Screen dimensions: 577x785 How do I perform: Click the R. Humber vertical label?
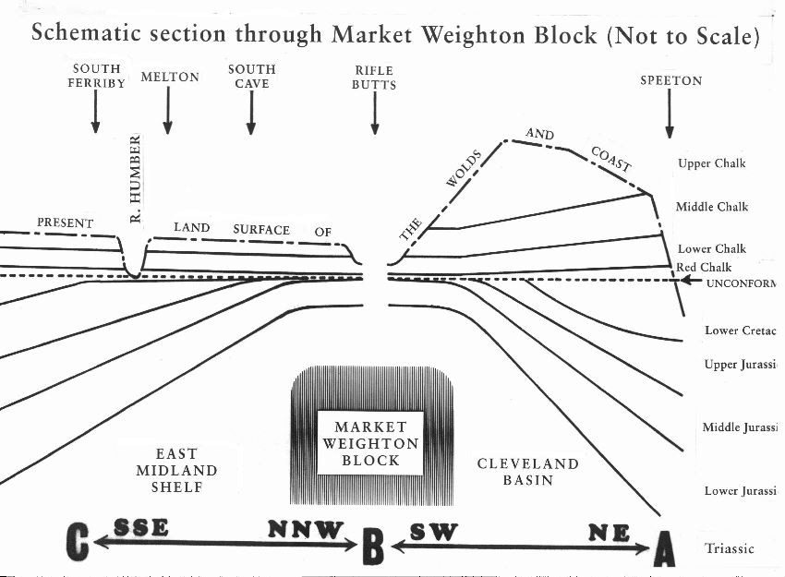[x=135, y=179]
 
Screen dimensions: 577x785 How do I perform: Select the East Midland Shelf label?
[x=175, y=470]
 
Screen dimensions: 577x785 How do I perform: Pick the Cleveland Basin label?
[x=527, y=472]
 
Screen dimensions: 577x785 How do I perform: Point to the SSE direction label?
[x=141, y=527]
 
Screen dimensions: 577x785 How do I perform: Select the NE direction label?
[x=609, y=533]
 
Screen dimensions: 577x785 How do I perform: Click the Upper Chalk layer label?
[x=711, y=164]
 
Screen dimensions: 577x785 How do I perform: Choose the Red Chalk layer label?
[x=704, y=268]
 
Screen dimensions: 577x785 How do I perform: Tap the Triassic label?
[x=730, y=548]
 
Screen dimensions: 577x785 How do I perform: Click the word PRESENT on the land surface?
[x=66, y=222]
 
